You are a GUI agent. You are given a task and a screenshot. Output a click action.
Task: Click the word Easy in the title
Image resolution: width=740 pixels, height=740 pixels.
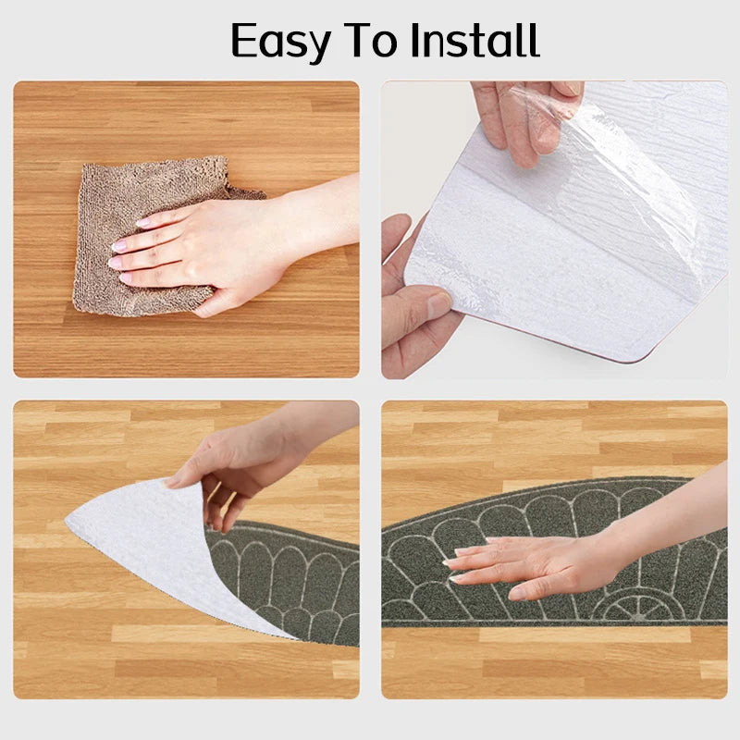pos(280,42)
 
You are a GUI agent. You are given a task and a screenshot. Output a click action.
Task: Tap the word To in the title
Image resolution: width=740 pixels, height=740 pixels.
pos(372,40)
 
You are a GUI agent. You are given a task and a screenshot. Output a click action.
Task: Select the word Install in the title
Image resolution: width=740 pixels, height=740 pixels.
pos(475,40)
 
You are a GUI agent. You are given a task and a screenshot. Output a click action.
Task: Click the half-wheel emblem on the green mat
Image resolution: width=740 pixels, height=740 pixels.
pos(632,608)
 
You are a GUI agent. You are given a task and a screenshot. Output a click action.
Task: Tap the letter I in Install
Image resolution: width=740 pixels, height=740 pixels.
pos(415,40)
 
